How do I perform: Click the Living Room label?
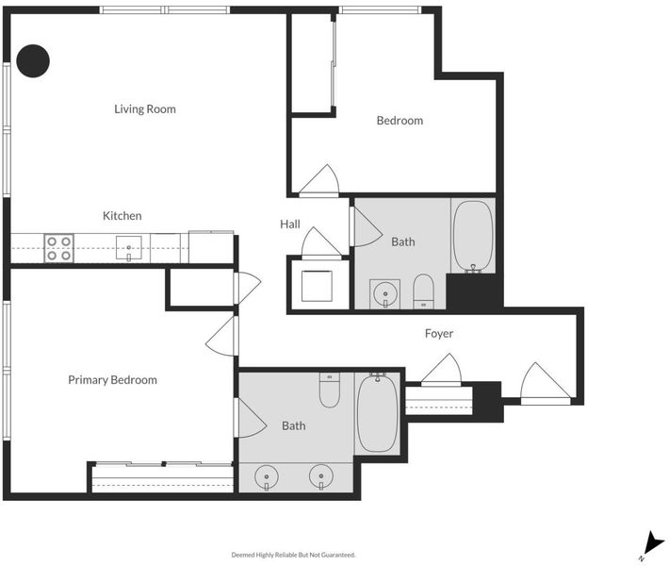pyautogui.click(x=145, y=108)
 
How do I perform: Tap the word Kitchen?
pyautogui.click(x=122, y=216)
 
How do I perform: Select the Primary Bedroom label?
pyautogui.click(x=113, y=380)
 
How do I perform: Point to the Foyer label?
pyautogui.click(x=439, y=334)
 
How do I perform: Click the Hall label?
pyautogui.click(x=290, y=225)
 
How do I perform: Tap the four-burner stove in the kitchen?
pyautogui.click(x=58, y=248)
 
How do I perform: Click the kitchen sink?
pyautogui.click(x=129, y=248)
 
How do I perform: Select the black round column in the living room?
pyautogui.click(x=33, y=61)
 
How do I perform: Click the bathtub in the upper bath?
pyautogui.click(x=473, y=236)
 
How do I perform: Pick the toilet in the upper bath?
pyautogui.click(x=423, y=291)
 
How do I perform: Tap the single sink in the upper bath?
pyautogui.click(x=385, y=294)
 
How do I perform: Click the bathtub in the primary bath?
pyautogui.click(x=377, y=412)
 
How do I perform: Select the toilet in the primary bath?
pyautogui.click(x=330, y=390)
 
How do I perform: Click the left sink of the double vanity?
pyautogui.click(x=267, y=477)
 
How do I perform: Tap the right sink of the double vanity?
pyautogui.click(x=321, y=477)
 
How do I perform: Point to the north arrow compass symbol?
pyautogui.click(x=652, y=543)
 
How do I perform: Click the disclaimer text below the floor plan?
pyautogui.click(x=294, y=555)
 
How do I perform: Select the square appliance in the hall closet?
pyautogui.click(x=317, y=286)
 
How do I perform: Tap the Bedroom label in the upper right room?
pyautogui.click(x=400, y=121)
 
